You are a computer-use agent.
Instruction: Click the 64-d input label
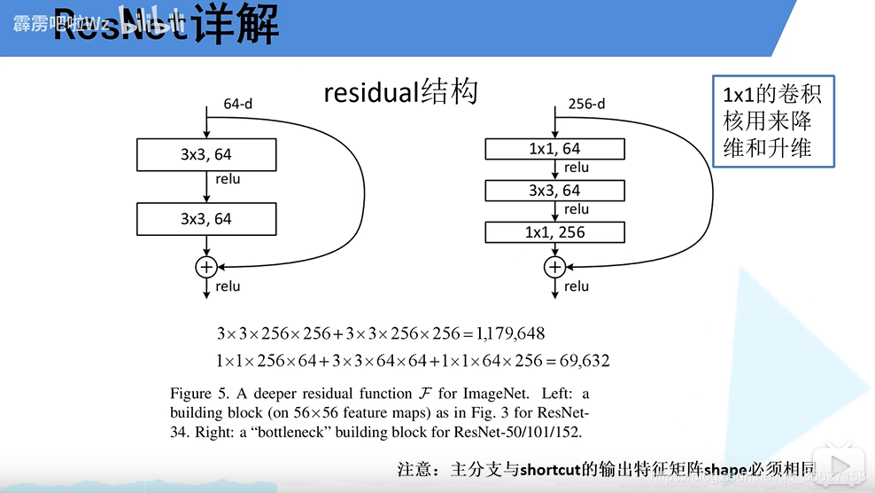tap(237, 104)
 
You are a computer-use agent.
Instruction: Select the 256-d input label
tap(586, 104)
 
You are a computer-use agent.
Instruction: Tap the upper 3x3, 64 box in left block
tap(206, 154)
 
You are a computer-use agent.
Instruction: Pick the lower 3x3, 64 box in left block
tap(206, 218)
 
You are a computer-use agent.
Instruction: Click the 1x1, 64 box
tap(554, 149)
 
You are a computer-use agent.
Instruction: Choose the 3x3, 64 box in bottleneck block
tap(554, 191)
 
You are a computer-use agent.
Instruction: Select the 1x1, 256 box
tap(554, 232)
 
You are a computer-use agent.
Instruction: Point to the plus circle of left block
tap(206, 265)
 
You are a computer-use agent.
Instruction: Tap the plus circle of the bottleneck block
tap(554, 265)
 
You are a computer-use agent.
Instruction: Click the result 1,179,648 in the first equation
tap(509, 333)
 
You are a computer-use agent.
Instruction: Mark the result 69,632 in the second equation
tap(581, 361)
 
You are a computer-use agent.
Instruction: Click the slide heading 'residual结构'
tap(400, 92)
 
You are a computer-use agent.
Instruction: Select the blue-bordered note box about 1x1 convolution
tap(773, 121)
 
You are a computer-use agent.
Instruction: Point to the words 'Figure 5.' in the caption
tap(197, 393)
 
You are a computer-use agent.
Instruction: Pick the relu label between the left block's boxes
tap(228, 179)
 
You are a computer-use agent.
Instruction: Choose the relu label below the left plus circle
tap(228, 286)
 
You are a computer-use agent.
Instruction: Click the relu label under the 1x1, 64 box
tap(576, 168)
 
